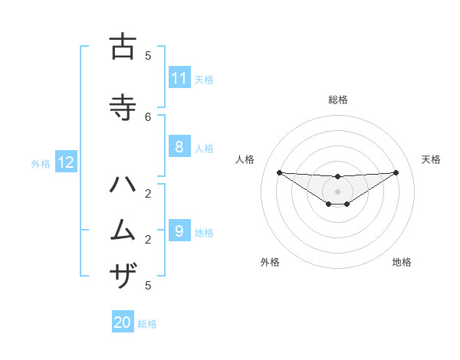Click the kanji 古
pos(122,47)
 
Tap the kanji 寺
pos(122,107)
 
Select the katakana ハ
pos(122,185)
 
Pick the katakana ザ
pos(122,274)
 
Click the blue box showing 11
pos(179,78)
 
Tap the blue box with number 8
pos(179,147)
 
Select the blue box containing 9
pos(179,231)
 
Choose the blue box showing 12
pos(66,162)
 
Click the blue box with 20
pos(123,322)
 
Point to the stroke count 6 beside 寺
pos(148,116)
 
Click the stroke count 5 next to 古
pos(148,55)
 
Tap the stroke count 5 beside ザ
pos(148,286)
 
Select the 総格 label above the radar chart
pos(337,100)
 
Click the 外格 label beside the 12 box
pos(40,163)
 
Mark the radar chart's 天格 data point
pos(396,172)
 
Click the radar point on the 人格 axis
pos(279,172)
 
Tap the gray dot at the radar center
pos(337,191)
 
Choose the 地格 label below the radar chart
pos(402,262)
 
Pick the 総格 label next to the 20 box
pos(147,323)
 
